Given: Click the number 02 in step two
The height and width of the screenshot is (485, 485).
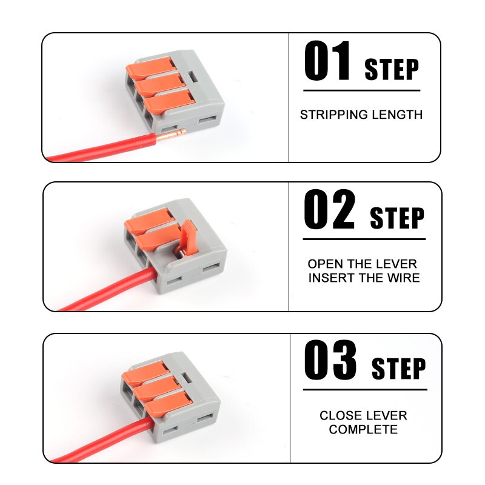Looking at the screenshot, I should (329, 210).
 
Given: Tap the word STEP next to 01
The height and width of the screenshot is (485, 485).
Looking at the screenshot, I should (391, 70).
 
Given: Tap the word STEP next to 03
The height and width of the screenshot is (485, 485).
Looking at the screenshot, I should (398, 368).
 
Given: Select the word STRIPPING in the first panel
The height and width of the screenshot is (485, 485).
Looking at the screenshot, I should (335, 115).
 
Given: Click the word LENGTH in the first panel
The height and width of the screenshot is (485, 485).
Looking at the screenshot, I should (398, 115).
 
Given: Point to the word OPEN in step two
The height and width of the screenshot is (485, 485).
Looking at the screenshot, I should (325, 264).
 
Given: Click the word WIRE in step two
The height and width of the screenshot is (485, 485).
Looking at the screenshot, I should (404, 278).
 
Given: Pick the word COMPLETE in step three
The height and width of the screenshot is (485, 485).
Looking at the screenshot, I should (363, 430).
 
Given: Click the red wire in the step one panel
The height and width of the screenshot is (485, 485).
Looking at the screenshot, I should (97, 150).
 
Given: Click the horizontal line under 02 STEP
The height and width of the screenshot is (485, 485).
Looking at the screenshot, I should (364, 239).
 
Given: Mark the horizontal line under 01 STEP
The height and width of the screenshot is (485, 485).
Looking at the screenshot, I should (361, 90).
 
